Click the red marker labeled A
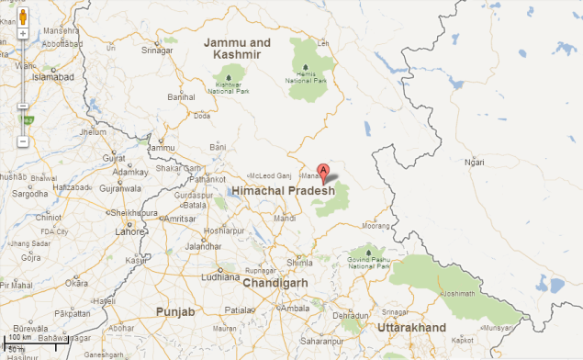tap(322, 172)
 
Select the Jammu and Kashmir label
tap(238, 49)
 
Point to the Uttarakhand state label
tap(412, 328)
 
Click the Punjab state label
tap(174, 312)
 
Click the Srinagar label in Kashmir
tap(156, 51)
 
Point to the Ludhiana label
tap(220, 276)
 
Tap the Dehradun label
tap(350, 315)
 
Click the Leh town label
tap(321, 43)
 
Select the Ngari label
tap(475, 163)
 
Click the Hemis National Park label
tap(306, 77)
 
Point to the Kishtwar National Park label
tap(229, 88)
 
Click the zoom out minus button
tap(22, 141)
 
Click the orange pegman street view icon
tap(22, 15)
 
